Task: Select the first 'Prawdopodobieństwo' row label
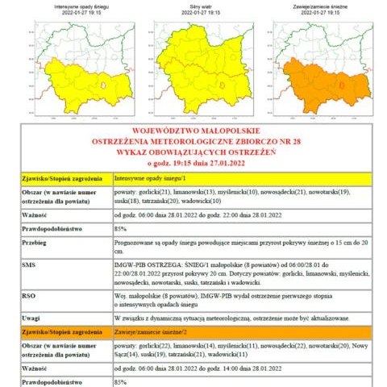pyautogui.click(x=56, y=228)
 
